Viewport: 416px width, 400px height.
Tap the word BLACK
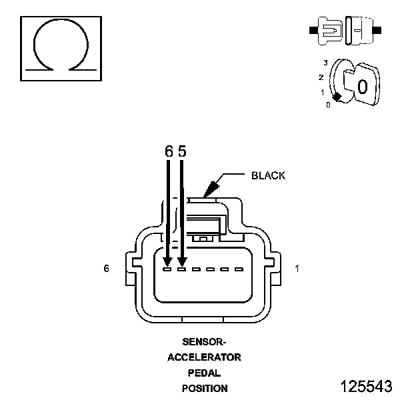[x=268, y=175]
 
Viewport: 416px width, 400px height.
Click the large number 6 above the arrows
[x=169, y=151]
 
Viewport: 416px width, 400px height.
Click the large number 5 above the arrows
[x=182, y=151]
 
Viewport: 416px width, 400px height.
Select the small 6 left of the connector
[x=106, y=269]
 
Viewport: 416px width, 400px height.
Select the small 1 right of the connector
[x=297, y=269]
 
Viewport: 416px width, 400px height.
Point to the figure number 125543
[x=366, y=386]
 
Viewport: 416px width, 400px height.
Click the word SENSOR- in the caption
[x=204, y=342]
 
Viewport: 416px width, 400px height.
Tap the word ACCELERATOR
[x=204, y=357]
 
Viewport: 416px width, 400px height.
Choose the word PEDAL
[x=204, y=373]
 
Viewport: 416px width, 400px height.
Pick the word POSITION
[x=205, y=388]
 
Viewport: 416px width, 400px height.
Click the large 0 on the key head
[x=363, y=87]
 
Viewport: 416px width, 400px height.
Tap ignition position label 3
[x=325, y=63]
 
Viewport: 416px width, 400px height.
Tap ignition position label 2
[x=321, y=77]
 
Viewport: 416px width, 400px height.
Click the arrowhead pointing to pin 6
[x=167, y=262]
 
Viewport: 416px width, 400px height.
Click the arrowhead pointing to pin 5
[x=182, y=262]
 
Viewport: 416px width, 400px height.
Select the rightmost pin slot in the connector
[x=239, y=269]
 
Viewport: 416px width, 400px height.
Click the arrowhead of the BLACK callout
[x=211, y=189]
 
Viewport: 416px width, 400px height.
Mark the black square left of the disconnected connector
[x=313, y=30]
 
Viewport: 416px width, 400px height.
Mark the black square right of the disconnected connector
[x=377, y=30]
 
